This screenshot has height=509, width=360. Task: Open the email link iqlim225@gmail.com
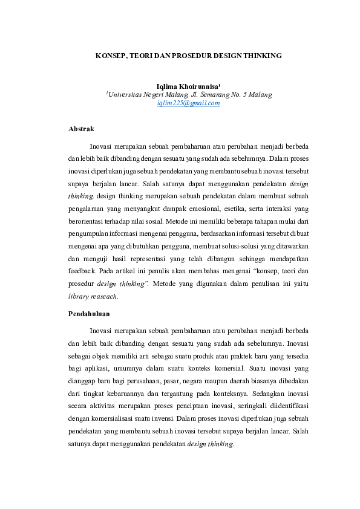[188, 103]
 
